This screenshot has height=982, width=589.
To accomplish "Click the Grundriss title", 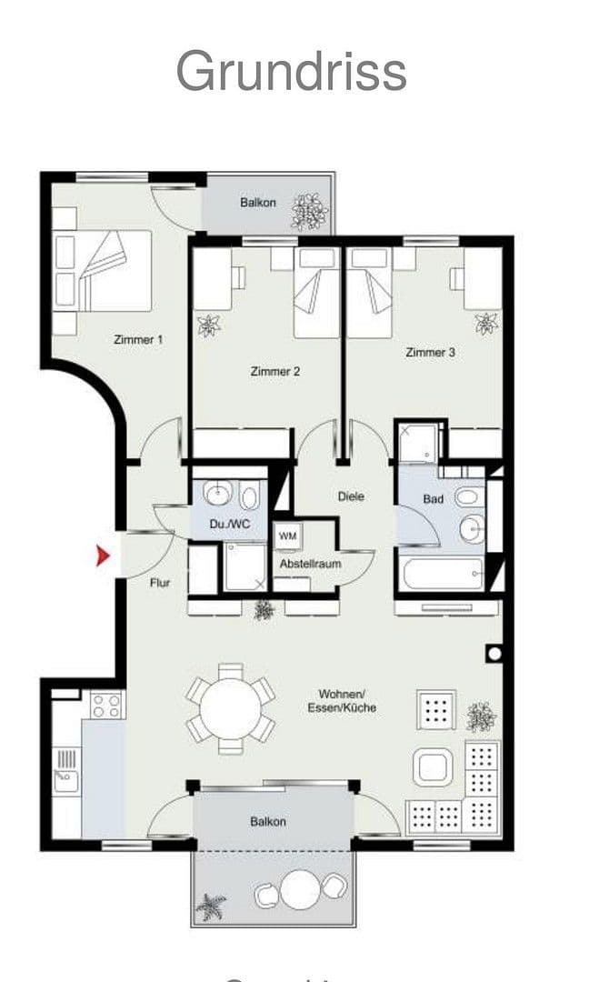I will pyautogui.click(x=291, y=71).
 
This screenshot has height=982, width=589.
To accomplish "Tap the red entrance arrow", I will pyautogui.click(x=104, y=555).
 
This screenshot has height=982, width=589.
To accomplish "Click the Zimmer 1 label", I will pyautogui.click(x=138, y=339).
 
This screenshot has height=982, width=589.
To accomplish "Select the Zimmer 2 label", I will pyautogui.click(x=275, y=371).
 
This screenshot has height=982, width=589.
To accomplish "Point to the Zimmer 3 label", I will pyautogui.click(x=430, y=352).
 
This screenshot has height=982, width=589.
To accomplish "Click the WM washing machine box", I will pyautogui.click(x=288, y=536).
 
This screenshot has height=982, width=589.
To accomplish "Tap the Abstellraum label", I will pyautogui.click(x=310, y=564).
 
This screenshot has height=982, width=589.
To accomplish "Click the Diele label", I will pyautogui.click(x=351, y=496).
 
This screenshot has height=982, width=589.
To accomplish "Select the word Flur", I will pyautogui.click(x=160, y=583).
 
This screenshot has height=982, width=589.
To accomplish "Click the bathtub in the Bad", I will pyautogui.click(x=443, y=575).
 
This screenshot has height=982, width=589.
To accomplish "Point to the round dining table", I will pyautogui.click(x=231, y=707).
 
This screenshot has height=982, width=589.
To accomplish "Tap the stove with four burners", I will pyautogui.click(x=106, y=705).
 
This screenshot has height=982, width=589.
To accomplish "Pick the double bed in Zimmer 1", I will pyautogui.click(x=102, y=270).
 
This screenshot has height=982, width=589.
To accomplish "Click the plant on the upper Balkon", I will pyautogui.click(x=309, y=211).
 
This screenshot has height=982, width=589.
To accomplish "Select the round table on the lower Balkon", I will pyautogui.click(x=302, y=888).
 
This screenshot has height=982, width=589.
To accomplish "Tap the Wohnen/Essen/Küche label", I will pyautogui.click(x=342, y=700).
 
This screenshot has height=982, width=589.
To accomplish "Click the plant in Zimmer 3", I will pyautogui.click(x=486, y=322).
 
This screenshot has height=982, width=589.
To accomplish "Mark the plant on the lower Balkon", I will pyautogui.click(x=212, y=906).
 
